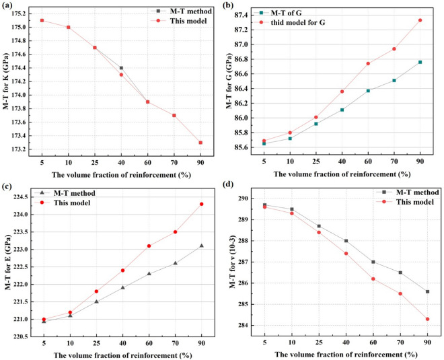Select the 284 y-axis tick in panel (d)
256,326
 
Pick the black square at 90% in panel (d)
427,291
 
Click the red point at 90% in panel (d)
427,319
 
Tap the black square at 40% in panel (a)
121,68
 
